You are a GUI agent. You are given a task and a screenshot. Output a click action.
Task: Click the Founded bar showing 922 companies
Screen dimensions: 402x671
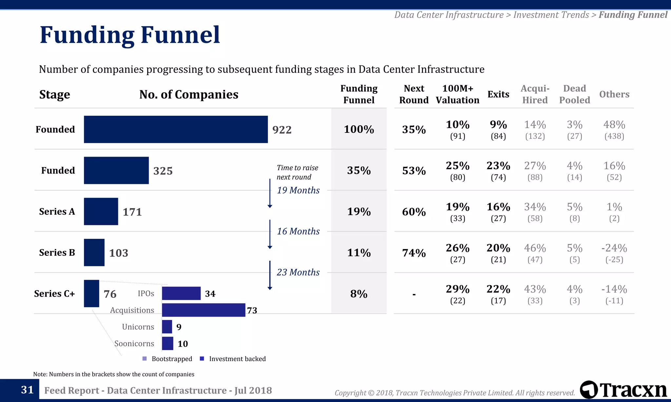pyautogui.click(x=176, y=129)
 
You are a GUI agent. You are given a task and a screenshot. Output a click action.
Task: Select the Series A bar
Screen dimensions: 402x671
pyautogui.click(x=101, y=211)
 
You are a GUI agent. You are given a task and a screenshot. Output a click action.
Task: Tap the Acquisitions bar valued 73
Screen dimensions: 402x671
pyautogui.click(x=203, y=310)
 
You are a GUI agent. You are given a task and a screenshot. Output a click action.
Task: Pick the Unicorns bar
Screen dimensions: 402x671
pyautogui.click(x=167, y=327)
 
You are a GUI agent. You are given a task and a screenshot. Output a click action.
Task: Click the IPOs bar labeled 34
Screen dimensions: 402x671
pyautogui.click(x=181, y=293)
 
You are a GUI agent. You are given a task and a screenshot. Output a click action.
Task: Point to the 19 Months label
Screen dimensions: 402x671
pyautogui.click(x=298, y=190)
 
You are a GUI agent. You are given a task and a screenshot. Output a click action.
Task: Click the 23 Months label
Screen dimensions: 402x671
pyautogui.click(x=298, y=272)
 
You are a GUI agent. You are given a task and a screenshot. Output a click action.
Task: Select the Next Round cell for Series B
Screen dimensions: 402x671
pyautogui.click(x=414, y=253)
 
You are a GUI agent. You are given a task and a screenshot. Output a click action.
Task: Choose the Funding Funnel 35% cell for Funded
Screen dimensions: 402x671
pyautogui.click(x=359, y=170)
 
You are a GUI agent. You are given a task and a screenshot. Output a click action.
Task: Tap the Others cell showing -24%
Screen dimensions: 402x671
pyautogui.click(x=614, y=253)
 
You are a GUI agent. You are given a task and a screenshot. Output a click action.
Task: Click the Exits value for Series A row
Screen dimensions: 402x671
pyautogui.click(x=498, y=212)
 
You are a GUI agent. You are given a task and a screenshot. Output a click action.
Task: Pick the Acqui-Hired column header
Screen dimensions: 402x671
pyautogui.click(x=535, y=94)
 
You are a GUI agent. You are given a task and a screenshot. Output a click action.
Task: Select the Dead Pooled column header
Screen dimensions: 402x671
pyautogui.click(x=574, y=94)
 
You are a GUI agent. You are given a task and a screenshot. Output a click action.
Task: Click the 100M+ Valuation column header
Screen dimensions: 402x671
pyautogui.click(x=457, y=94)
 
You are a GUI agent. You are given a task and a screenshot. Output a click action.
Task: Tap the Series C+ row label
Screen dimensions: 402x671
pyautogui.click(x=54, y=294)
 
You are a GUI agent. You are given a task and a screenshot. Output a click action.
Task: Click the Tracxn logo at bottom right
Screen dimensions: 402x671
pyautogui.click(x=623, y=390)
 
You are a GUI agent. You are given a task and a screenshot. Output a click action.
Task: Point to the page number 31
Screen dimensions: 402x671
pyautogui.click(x=27, y=390)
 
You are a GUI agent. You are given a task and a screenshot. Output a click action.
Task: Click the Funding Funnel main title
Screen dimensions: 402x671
pyautogui.click(x=130, y=35)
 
